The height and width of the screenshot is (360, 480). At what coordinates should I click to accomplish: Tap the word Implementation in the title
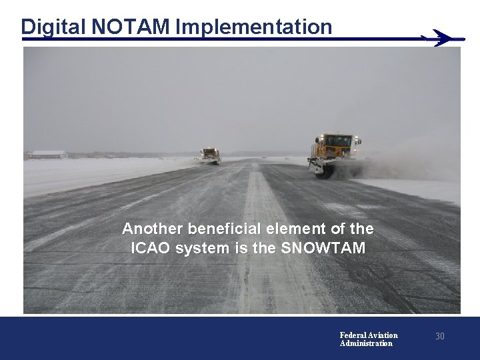(x=254, y=27)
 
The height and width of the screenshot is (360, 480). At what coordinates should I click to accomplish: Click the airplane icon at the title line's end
(x=442, y=39)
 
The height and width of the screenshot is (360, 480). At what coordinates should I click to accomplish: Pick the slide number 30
(x=440, y=337)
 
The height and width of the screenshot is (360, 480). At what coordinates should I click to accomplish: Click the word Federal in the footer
(x=353, y=335)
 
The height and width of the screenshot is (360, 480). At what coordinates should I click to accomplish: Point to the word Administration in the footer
(x=366, y=343)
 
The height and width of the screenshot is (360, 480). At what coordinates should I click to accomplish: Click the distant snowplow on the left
(x=211, y=155)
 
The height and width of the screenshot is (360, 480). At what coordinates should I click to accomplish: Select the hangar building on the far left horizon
(x=49, y=154)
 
